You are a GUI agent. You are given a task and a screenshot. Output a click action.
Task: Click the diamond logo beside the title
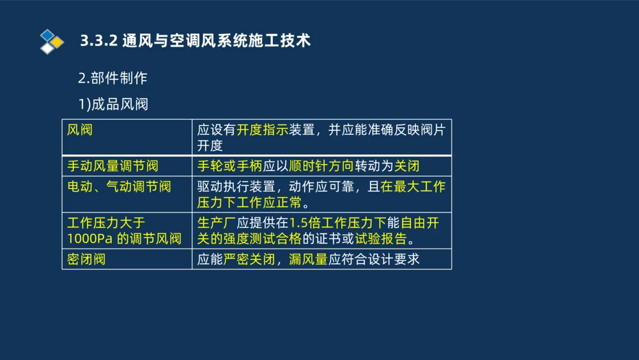click(52, 42)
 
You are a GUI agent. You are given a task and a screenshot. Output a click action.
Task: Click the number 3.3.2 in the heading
click(98, 41)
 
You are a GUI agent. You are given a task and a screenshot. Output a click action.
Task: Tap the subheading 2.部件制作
click(112, 79)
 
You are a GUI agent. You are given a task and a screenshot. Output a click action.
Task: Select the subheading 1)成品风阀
click(113, 104)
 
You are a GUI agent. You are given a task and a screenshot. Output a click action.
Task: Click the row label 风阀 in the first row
click(80, 130)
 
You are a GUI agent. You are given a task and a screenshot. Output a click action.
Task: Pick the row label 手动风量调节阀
click(112, 166)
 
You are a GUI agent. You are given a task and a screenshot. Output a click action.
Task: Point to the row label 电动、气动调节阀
click(119, 187)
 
